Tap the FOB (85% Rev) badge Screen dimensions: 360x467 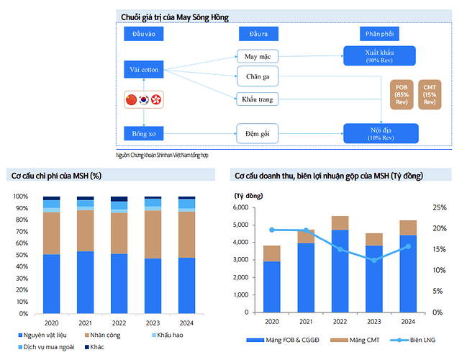(403, 94)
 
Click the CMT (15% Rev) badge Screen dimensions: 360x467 (430, 94)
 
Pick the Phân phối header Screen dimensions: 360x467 (379, 33)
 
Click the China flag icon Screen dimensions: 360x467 (131, 99)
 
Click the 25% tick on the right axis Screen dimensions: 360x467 (440, 207)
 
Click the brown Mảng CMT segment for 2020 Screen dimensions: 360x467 (271, 253)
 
